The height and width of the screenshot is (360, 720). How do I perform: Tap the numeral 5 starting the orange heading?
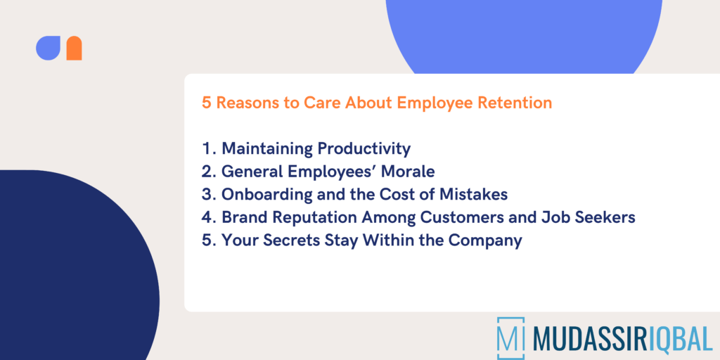(x=207, y=103)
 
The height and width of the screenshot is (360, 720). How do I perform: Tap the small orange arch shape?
(x=74, y=49)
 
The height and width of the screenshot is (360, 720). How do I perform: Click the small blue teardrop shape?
(x=49, y=48)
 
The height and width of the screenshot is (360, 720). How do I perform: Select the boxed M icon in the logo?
(x=510, y=338)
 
